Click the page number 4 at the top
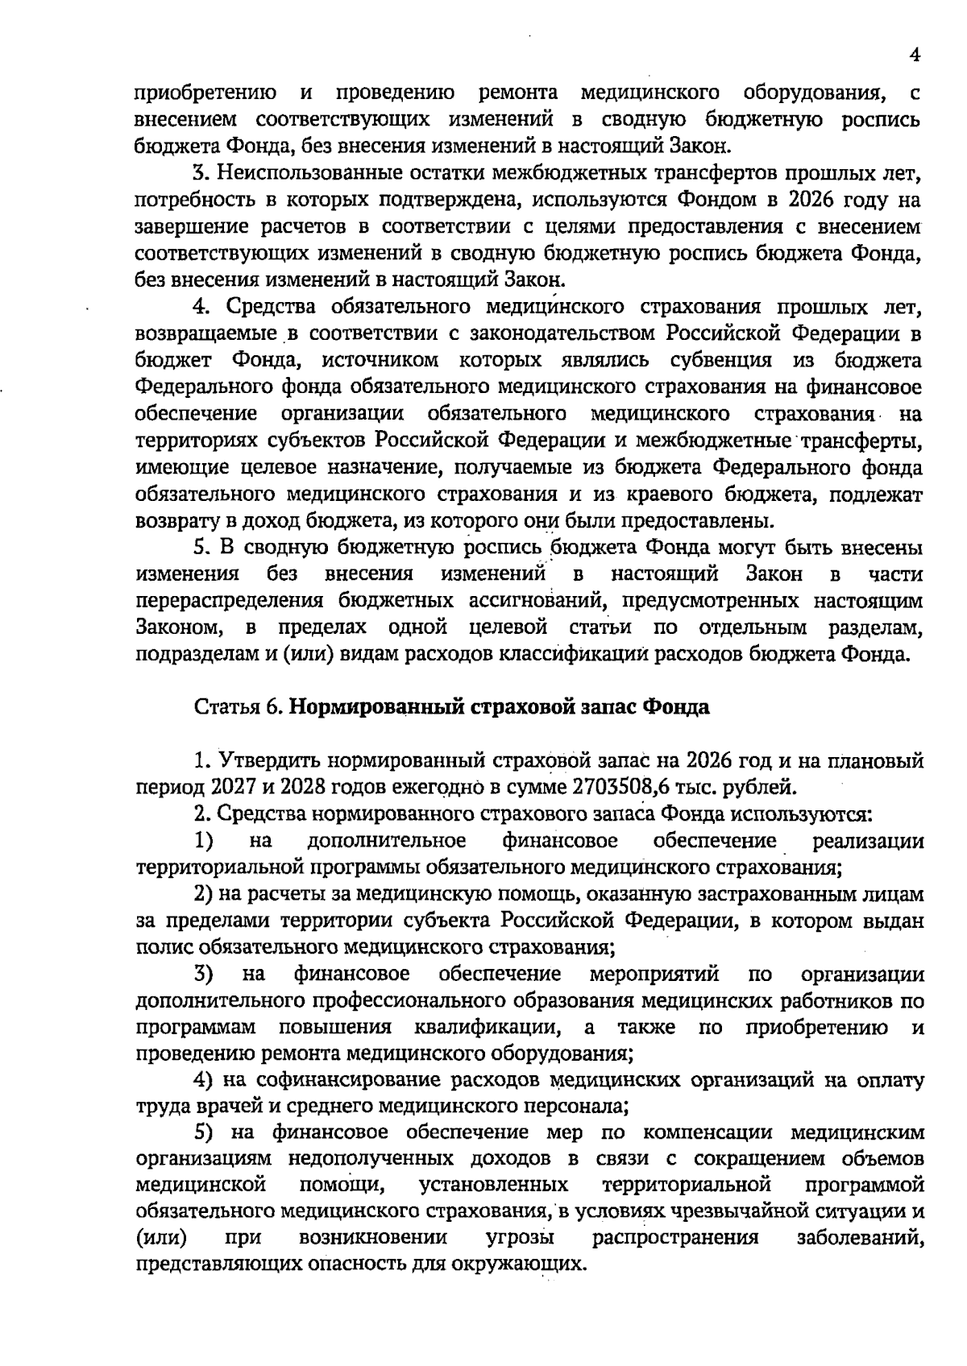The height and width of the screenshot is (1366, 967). pos(914,54)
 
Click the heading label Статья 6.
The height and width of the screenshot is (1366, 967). pos(238,707)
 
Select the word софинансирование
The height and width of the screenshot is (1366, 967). pos(345,1079)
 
